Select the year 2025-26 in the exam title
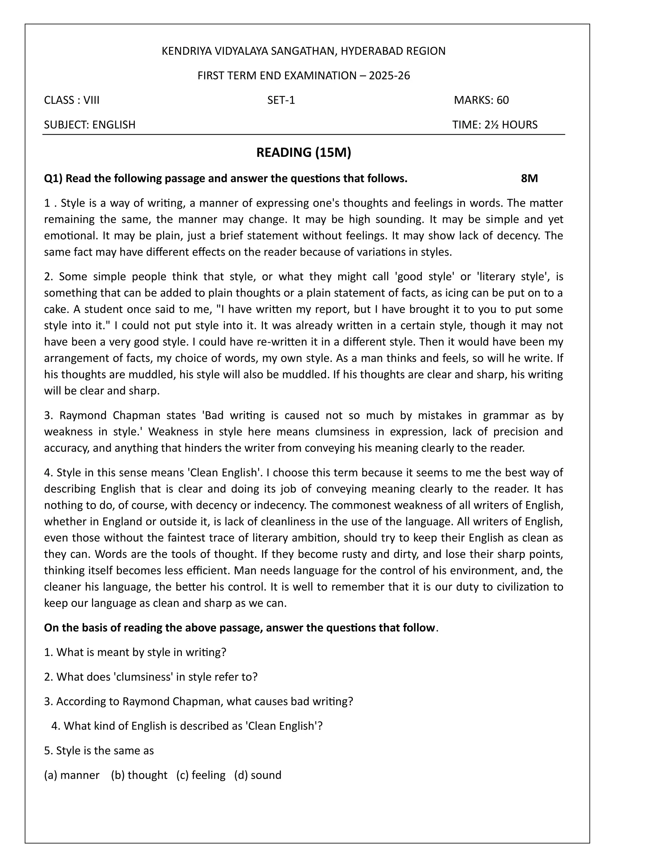[389, 76]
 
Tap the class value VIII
[91, 100]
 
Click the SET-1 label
[281, 100]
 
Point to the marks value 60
[503, 100]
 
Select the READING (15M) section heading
[304, 153]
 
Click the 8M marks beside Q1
[529, 179]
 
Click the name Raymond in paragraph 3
[82, 415]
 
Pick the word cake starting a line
[56, 309]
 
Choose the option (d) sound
[258, 775]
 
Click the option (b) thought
[139, 775]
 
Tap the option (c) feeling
[201, 775]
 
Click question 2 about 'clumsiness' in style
[151, 677]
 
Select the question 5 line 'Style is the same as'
[99, 751]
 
